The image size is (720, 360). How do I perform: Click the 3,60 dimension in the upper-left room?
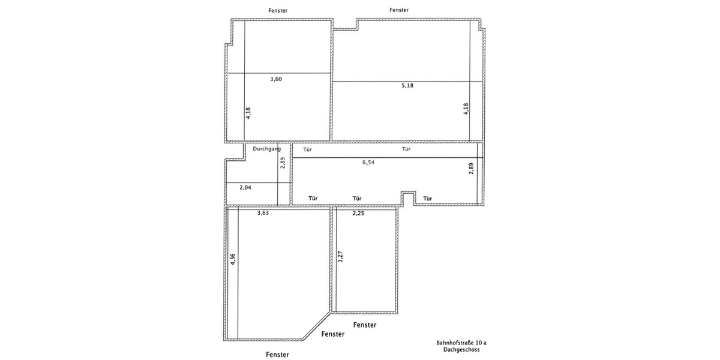pyautogui.click(x=276, y=79)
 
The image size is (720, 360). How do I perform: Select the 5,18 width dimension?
pyautogui.click(x=407, y=85)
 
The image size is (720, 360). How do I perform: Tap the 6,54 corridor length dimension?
pyautogui.click(x=368, y=162)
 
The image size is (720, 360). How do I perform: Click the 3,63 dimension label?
pyautogui.click(x=263, y=213)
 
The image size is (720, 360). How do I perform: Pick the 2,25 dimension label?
pyautogui.click(x=359, y=213)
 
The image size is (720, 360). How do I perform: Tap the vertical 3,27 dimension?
pyautogui.click(x=340, y=256)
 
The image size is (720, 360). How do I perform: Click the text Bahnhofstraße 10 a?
pyautogui.click(x=461, y=343)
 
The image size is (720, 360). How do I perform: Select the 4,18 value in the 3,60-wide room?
pyautogui.click(x=248, y=113)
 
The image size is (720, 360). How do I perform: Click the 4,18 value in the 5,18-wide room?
pyautogui.click(x=466, y=109)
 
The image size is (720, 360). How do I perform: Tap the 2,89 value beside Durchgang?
pyautogui.click(x=283, y=163)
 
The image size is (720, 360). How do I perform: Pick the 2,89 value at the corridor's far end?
pyautogui.click(x=472, y=169)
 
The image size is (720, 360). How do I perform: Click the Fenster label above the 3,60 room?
pyautogui.click(x=278, y=10)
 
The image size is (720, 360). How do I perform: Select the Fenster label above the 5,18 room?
pyautogui.click(x=399, y=10)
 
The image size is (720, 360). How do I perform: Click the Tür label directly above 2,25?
pyautogui.click(x=357, y=199)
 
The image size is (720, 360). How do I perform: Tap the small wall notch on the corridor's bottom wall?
pyautogui.click(x=408, y=197)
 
